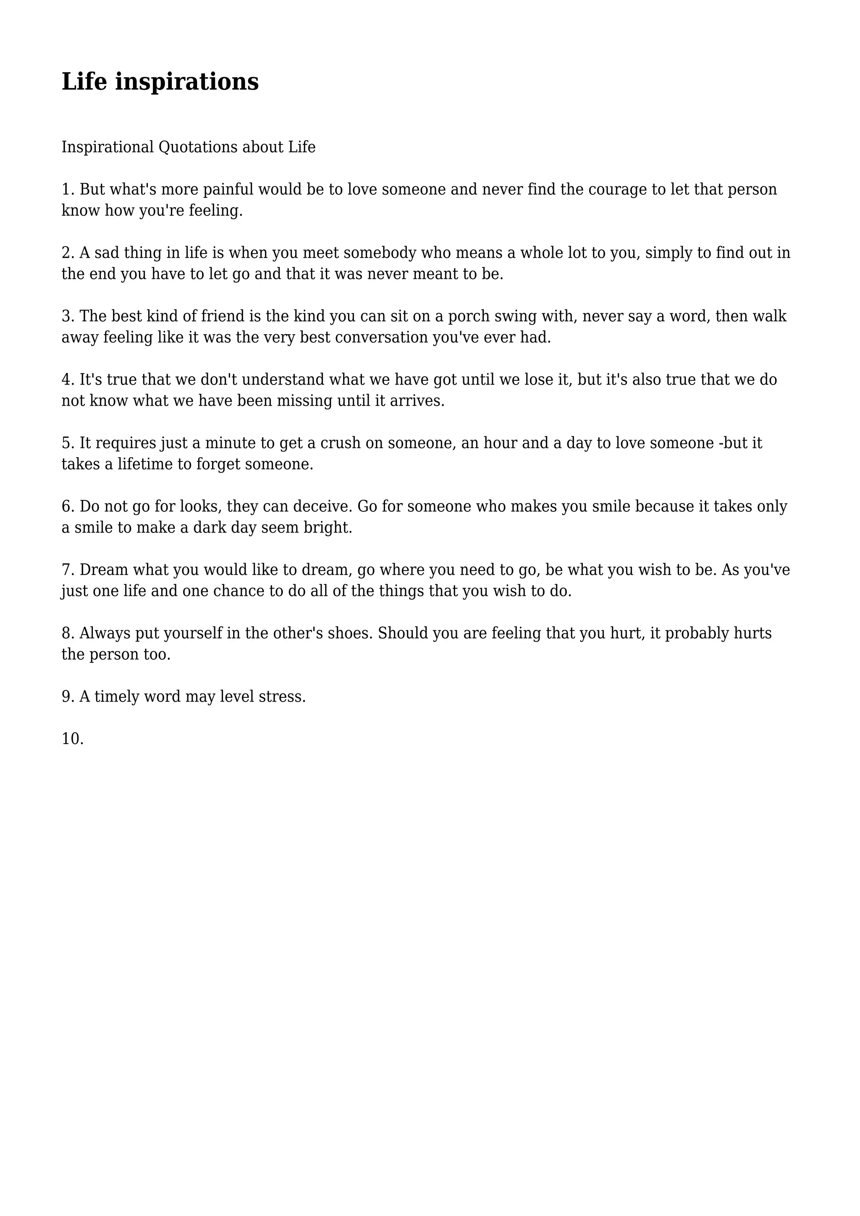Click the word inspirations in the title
tap(187, 82)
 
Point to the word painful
tap(228, 190)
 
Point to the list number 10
tap(73, 739)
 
